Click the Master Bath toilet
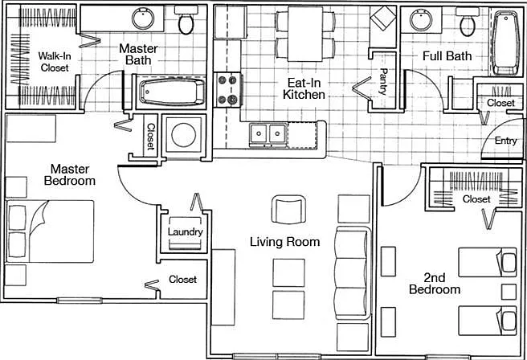click(x=186, y=20)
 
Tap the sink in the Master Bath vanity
click(x=143, y=18)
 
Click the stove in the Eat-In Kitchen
click(x=227, y=90)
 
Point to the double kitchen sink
click(x=268, y=133)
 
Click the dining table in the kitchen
click(x=305, y=34)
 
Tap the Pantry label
click(x=383, y=81)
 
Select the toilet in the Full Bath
click(x=468, y=22)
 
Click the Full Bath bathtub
click(x=505, y=43)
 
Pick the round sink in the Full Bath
click(x=421, y=19)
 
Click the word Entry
click(x=505, y=141)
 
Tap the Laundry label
click(x=186, y=232)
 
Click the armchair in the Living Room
click(x=288, y=210)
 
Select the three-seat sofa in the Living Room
click(x=353, y=272)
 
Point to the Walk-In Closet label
click(x=55, y=62)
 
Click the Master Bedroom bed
click(x=50, y=231)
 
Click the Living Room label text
click(x=284, y=242)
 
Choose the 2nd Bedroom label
click(x=435, y=284)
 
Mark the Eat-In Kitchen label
click(x=304, y=88)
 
